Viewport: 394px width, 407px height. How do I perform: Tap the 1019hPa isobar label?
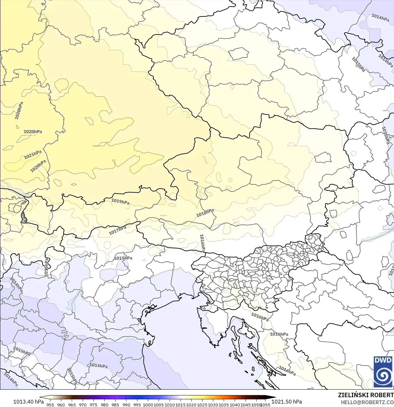[x=120, y=201]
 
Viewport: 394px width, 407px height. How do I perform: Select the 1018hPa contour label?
[x=205, y=213]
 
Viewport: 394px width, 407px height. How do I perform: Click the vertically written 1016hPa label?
[x=202, y=243]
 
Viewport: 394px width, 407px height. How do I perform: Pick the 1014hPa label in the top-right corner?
[x=380, y=18]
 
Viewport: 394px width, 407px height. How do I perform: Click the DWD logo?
[x=383, y=372]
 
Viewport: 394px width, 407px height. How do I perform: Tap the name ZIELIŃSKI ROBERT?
[x=366, y=395]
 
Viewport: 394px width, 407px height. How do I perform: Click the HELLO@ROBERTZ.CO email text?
[x=367, y=403]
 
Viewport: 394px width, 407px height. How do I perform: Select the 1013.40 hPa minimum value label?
[x=28, y=402]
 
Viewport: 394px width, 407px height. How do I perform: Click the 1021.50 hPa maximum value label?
[x=287, y=402]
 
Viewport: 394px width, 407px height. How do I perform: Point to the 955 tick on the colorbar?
[x=50, y=404]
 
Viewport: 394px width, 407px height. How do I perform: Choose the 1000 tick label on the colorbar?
[x=148, y=404]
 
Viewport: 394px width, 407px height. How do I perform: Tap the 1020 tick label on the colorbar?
[x=191, y=404]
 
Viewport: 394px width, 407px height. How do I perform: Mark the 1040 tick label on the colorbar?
[x=235, y=404]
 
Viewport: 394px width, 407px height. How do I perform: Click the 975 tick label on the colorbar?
[x=94, y=404]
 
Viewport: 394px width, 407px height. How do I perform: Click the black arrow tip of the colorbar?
[x=273, y=398]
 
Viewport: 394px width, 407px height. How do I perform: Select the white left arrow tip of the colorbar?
[x=42, y=398]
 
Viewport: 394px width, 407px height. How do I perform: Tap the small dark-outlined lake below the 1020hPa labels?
[x=23, y=217]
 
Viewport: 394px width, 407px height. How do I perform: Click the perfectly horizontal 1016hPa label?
[x=279, y=334]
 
